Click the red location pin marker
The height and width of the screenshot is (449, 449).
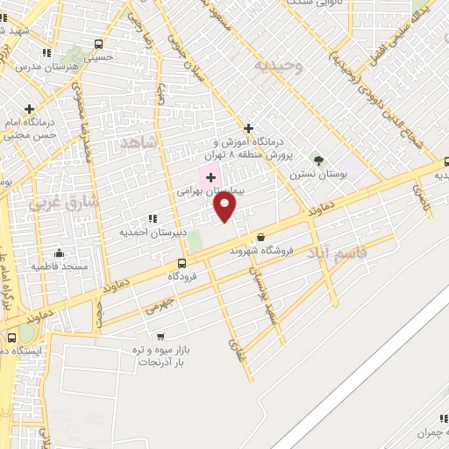tap(224, 207)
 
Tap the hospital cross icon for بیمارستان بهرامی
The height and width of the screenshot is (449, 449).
tap(210, 177)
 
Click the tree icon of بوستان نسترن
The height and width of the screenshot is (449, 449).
tap(318, 161)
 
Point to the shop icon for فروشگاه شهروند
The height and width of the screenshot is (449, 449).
tap(260, 237)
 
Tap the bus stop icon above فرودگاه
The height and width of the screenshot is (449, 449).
tap(182, 263)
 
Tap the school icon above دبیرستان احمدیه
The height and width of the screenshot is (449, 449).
tap(153, 218)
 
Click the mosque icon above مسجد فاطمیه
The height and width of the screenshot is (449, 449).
tap(59, 253)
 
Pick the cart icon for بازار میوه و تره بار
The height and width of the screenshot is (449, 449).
tap(160, 336)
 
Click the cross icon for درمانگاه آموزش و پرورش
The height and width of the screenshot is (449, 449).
tap(249, 128)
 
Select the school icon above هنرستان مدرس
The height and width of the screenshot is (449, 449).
tap(46, 54)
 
